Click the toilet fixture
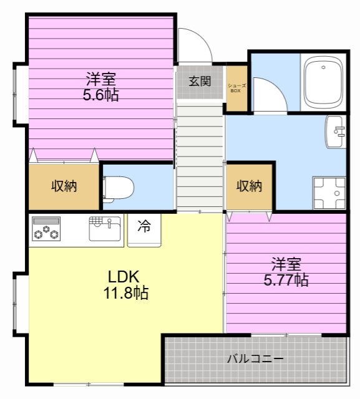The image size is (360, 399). click(x=119, y=188)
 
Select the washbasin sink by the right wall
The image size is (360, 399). click(x=336, y=132)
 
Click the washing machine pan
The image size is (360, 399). click(x=329, y=193)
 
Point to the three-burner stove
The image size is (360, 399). click(x=46, y=229)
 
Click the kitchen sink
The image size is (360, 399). click(x=105, y=229)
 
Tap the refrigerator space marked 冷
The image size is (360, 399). click(x=144, y=230)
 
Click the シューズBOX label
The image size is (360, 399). click(x=236, y=88)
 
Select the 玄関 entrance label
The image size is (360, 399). click(x=200, y=81)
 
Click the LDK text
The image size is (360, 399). click(x=124, y=277)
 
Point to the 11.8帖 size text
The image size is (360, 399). click(x=126, y=292)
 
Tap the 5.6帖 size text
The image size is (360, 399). click(x=101, y=95)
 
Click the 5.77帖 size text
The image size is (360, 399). click(x=286, y=280)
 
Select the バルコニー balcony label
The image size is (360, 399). click(x=255, y=359)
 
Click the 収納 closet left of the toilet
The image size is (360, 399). click(x=64, y=186)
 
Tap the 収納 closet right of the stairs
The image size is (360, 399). click(x=249, y=186)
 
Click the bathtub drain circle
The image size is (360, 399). click(x=323, y=67)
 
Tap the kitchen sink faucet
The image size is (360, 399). click(x=109, y=223)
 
